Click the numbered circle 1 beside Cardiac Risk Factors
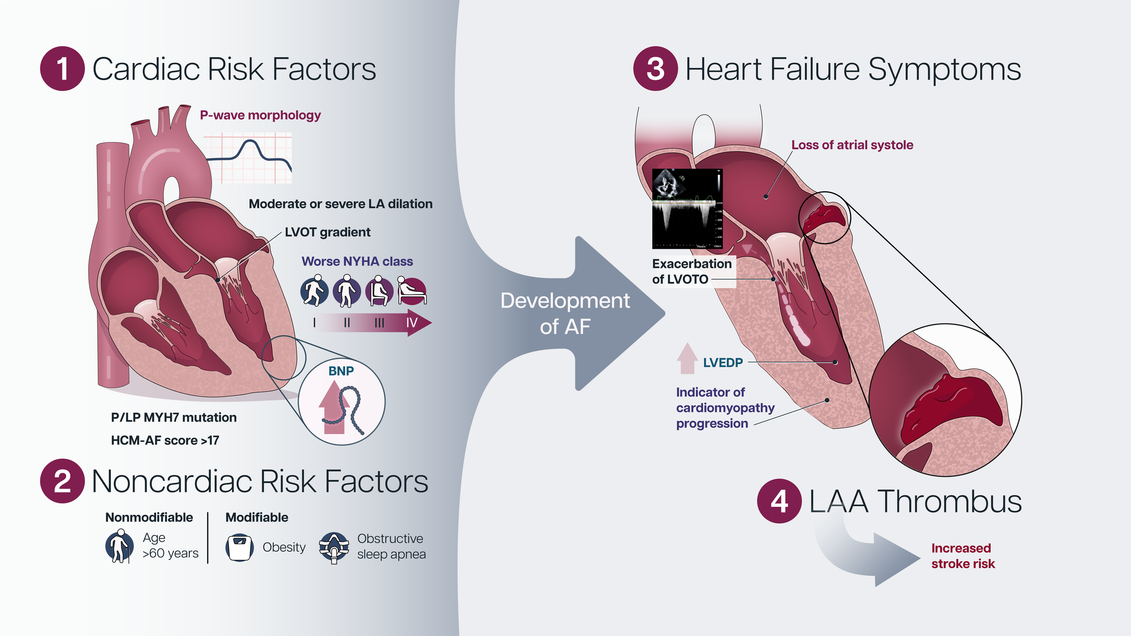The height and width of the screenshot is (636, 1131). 62,69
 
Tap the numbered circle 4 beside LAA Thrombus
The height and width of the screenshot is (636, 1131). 779,501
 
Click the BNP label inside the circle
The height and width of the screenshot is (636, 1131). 341,371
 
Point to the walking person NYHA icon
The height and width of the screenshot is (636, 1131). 314,291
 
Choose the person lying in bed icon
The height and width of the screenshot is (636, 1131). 412,291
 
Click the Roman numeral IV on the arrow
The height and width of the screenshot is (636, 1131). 412,323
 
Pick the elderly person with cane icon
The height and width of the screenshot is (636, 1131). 119,546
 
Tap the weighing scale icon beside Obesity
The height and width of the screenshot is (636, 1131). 239,547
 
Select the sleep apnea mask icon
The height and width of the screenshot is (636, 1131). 334,547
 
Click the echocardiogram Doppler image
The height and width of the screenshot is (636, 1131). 687,209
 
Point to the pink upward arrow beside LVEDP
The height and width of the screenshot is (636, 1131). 687,358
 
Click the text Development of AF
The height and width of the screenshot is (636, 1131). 565,313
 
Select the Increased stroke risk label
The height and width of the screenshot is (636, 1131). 963,556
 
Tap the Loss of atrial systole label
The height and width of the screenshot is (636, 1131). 852,145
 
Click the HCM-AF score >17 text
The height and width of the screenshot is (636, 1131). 165,440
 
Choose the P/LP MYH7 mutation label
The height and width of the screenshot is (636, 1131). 174,417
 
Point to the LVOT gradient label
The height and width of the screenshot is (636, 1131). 328,232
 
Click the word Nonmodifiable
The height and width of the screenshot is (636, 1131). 149,517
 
